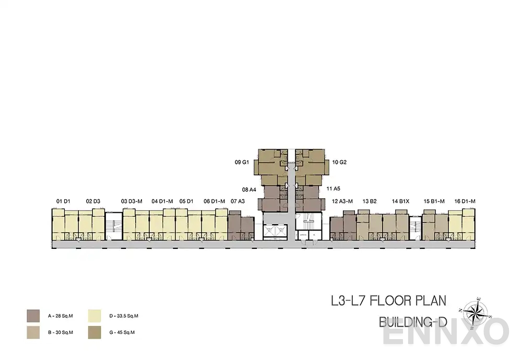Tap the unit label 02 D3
[93, 201]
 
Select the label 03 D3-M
[132, 201]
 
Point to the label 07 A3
[238, 201]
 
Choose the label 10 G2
[339, 162]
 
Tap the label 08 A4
[249, 190]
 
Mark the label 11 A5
[334, 188]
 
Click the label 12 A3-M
[342, 201]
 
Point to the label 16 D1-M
[465, 201]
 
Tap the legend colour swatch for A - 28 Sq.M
[33, 315]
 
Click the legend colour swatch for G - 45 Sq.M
[95, 332]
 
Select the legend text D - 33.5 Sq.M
[123, 316]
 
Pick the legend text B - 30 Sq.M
[60, 332]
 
